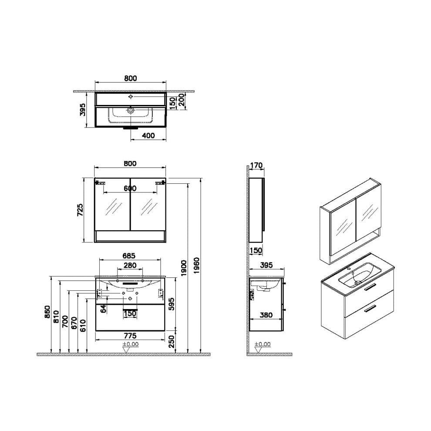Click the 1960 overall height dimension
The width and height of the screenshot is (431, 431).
[x=197, y=266]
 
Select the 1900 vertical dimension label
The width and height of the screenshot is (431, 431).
[x=184, y=268]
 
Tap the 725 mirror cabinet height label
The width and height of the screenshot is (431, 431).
[x=80, y=210]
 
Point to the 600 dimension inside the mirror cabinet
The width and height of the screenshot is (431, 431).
[x=130, y=188]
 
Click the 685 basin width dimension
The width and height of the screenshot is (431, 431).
[x=129, y=256]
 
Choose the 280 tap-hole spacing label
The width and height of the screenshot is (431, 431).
[x=130, y=265]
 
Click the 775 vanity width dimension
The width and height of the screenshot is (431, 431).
[x=130, y=336]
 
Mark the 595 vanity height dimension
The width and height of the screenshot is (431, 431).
[x=172, y=304]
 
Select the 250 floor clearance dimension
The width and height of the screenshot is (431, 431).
[x=172, y=341]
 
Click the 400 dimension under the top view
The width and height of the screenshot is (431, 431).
[x=148, y=135]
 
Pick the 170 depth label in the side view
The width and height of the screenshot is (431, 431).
[x=256, y=165]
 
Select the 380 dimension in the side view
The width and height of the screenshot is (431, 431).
[x=266, y=315]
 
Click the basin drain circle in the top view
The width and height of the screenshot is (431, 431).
[x=131, y=110]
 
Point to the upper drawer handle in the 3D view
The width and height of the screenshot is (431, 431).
[x=370, y=287]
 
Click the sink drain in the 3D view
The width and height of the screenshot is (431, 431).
[x=358, y=282]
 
